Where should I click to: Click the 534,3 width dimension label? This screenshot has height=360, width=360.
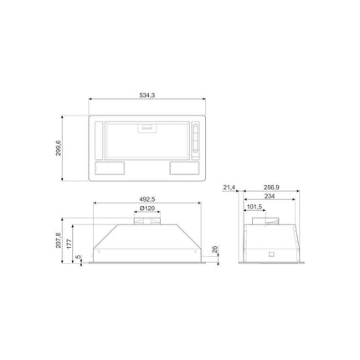(x=147, y=95)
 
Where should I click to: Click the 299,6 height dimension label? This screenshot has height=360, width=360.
(x=58, y=148)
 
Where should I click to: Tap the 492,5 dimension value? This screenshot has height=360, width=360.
(x=147, y=199)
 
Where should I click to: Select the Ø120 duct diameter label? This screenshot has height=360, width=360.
(x=147, y=208)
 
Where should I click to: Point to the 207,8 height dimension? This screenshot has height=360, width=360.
(x=58, y=240)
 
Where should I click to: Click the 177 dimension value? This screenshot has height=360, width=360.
(x=69, y=244)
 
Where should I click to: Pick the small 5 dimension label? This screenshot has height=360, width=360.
(x=78, y=256)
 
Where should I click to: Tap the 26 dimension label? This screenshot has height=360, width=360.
(x=214, y=249)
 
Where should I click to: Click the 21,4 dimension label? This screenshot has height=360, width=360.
(x=229, y=188)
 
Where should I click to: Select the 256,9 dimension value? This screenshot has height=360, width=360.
(x=271, y=188)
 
